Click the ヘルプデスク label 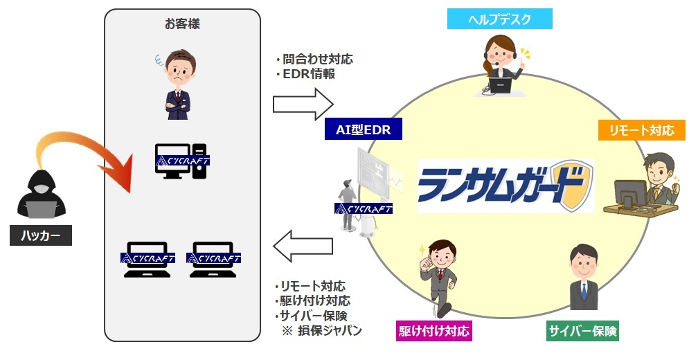499,19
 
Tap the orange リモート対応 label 641,130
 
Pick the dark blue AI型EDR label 364,129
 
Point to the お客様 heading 183,24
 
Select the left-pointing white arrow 303,246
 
